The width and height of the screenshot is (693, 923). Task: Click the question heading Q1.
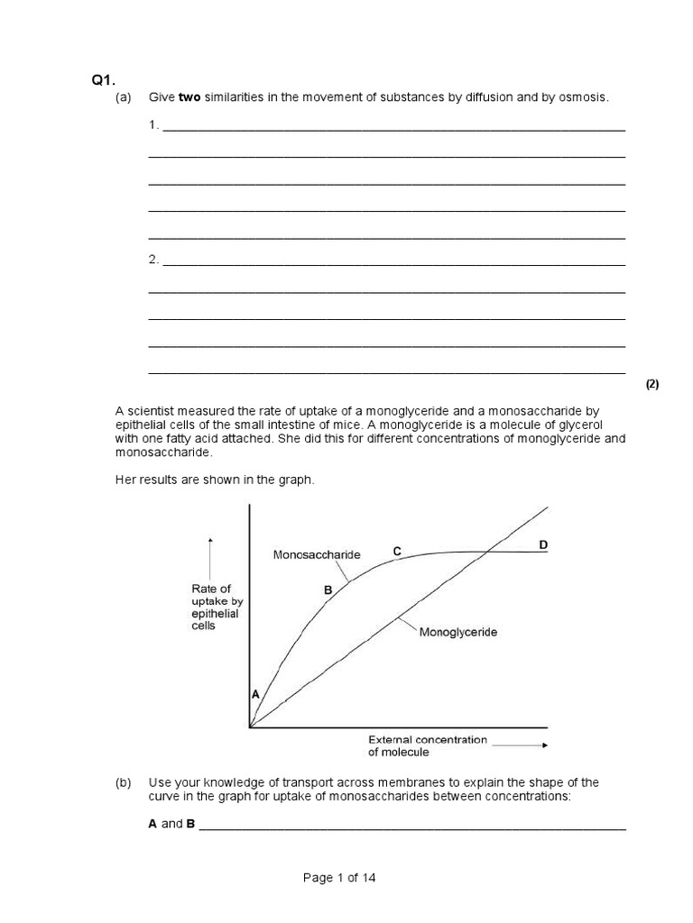click(101, 80)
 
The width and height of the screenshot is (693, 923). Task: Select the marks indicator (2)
click(651, 384)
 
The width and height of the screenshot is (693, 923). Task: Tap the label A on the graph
click(255, 695)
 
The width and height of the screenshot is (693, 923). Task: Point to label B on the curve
click(328, 589)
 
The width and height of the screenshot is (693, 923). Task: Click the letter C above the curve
click(396, 550)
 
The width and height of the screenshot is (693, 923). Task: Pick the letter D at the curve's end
click(542, 545)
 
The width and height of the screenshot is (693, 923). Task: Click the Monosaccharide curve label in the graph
click(316, 555)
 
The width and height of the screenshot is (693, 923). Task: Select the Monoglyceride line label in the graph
click(458, 632)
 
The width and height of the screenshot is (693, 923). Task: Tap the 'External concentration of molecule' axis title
click(427, 745)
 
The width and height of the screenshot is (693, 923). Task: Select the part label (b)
click(124, 782)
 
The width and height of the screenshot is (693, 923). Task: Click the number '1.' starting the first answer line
click(153, 124)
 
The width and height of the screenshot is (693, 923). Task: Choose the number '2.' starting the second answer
click(153, 260)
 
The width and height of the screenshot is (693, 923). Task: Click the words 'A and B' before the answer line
click(171, 824)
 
